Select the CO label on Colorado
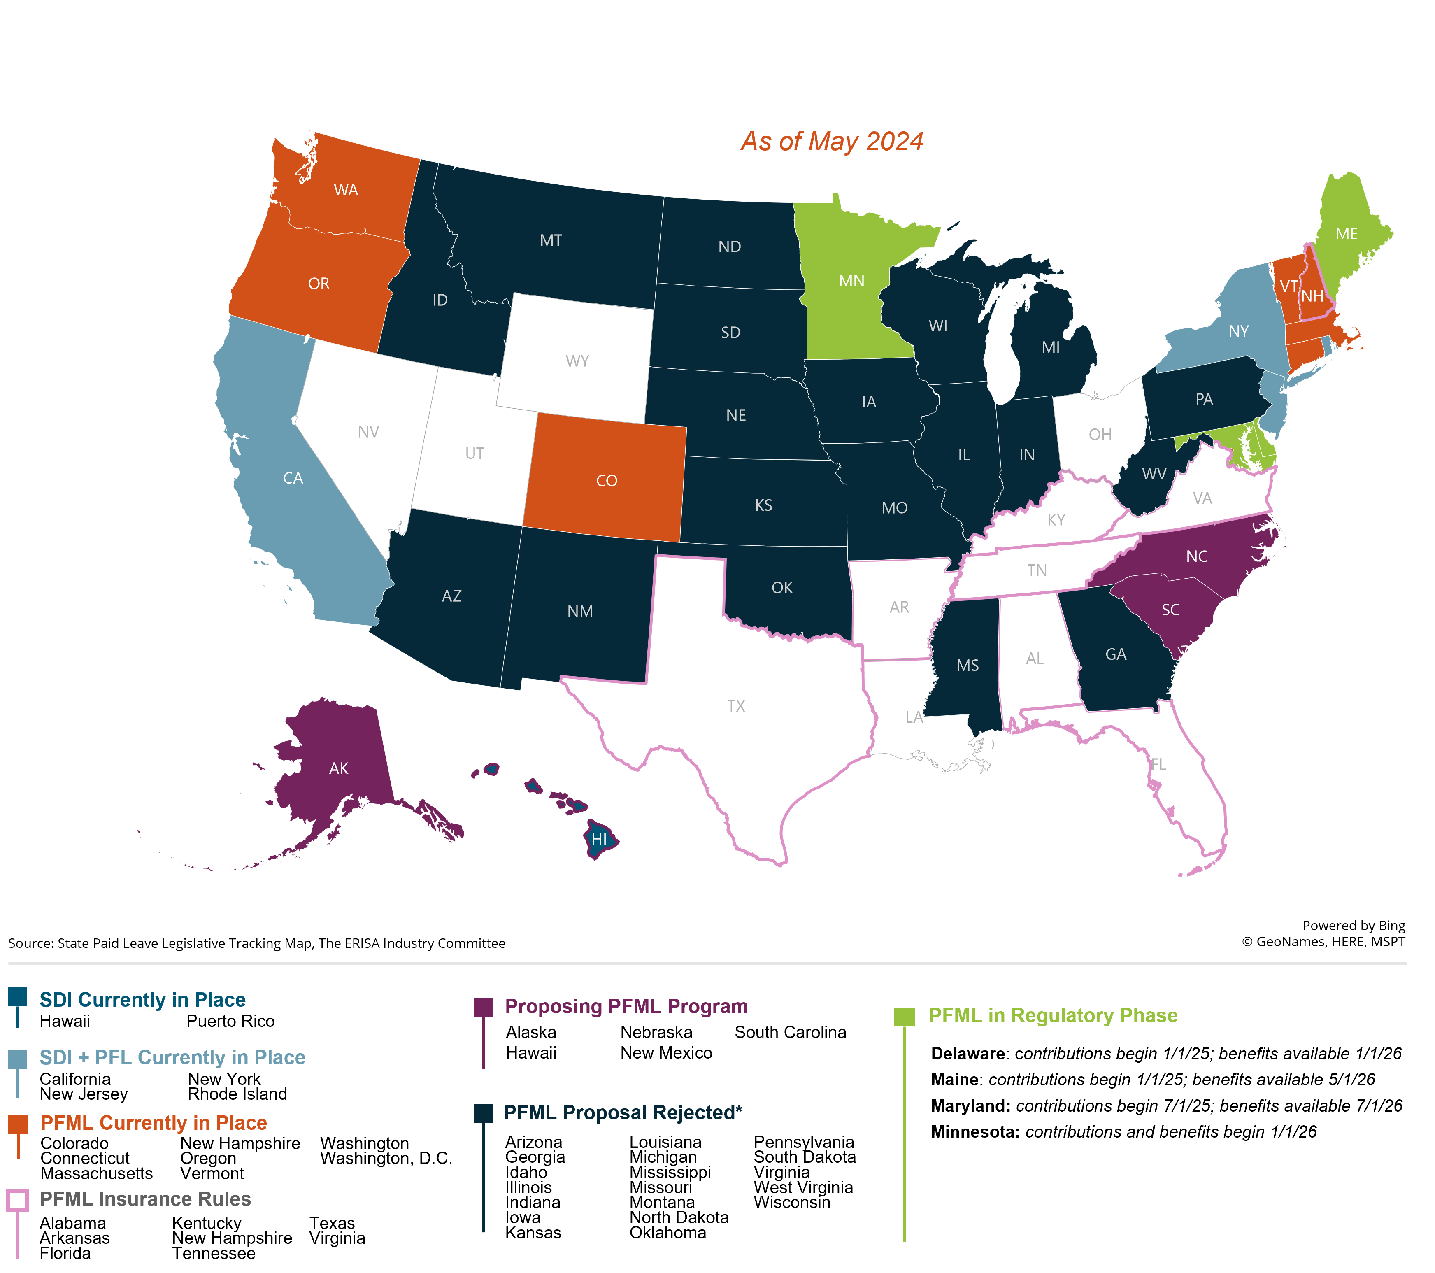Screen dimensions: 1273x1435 (x=607, y=481)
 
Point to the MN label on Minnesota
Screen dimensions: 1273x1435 (x=851, y=281)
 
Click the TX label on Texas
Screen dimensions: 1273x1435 (x=736, y=706)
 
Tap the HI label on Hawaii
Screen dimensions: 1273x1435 (x=599, y=839)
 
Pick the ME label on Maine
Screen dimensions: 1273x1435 (x=1346, y=234)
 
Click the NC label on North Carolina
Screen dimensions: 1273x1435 (x=1196, y=557)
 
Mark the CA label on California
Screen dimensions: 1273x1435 (x=293, y=478)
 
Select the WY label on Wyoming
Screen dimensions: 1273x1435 (x=577, y=361)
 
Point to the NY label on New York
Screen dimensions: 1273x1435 (x=1238, y=331)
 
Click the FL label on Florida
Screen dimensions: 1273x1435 (x=1158, y=764)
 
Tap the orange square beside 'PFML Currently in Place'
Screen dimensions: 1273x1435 (x=18, y=1124)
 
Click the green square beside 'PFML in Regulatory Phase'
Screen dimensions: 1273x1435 (x=904, y=1017)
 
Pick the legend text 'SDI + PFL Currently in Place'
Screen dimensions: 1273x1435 (x=172, y=1057)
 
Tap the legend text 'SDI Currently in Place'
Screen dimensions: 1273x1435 (x=142, y=1000)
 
